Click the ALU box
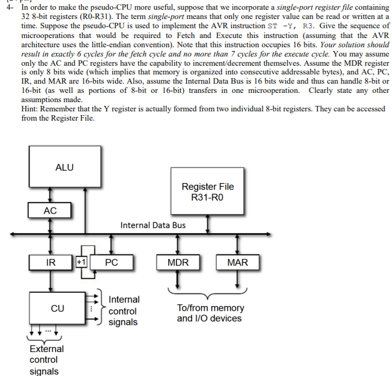pyautogui.click(x=65, y=166)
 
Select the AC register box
pyautogui.click(x=50, y=210)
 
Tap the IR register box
pyautogui.click(x=51, y=262)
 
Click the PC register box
pyautogui.click(x=112, y=262)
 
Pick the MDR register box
pyautogui.click(x=178, y=262)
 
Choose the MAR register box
pyautogui.click(x=237, y=262)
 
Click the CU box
pyautogui.click(x=57, y=308)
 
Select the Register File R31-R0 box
pyautogui.click(x=207, y=191)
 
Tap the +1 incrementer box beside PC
pyautogui.click(x=81, y=262)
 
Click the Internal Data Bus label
pyautogui.click(x=153, y=225)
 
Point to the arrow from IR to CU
pyautogui.click(x=51, y=281)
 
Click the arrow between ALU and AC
pyautogui.click(x=50, y=195)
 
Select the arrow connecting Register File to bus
pyautogui.click(x=207, y=224)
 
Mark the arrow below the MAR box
pyautogui.click(x=237, y=279)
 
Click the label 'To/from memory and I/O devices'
pyautogui.click(x=211, y=313)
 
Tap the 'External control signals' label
pyautogui.click(x=46, y=360)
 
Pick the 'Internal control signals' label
pyautogui.click(x=124, y=311)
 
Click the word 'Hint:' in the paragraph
pyautogui.click(x=30, y=109)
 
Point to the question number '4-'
pyautogui.click(x=10, y=7)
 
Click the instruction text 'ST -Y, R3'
pyautogui.click(x=290, y=26)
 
